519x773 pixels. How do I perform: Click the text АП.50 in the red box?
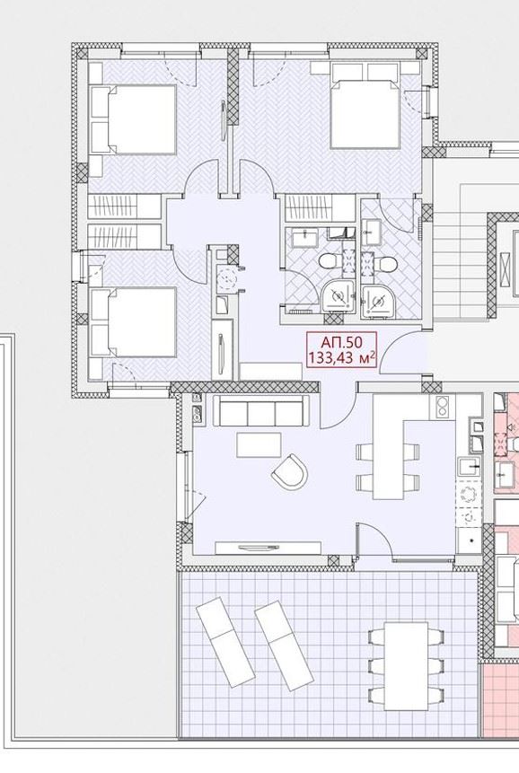(341, 341)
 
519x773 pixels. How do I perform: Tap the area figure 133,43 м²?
(342, 357)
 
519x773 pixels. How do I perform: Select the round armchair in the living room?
(290, 471)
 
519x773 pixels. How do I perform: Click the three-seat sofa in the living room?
(260, 410)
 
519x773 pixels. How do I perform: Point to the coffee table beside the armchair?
(259, 444)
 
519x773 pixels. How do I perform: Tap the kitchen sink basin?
(468, 465)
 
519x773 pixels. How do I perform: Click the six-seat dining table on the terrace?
(406, 665)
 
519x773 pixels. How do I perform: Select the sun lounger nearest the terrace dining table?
(284, 646)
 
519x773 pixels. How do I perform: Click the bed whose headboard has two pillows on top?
(365, 105)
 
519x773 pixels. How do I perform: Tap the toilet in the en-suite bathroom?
(384, 265)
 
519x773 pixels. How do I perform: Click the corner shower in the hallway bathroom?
(338, 297)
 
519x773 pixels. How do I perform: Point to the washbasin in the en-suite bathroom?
(370, 232)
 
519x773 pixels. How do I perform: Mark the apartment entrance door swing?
(404, 353)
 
